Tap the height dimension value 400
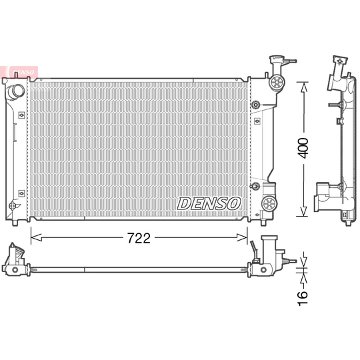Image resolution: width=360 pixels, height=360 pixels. point(303,148)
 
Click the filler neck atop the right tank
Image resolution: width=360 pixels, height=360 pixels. point(274,63)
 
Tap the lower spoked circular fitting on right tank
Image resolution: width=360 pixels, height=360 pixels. point(270,204)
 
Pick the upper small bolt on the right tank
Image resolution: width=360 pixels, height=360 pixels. point(256,105)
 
